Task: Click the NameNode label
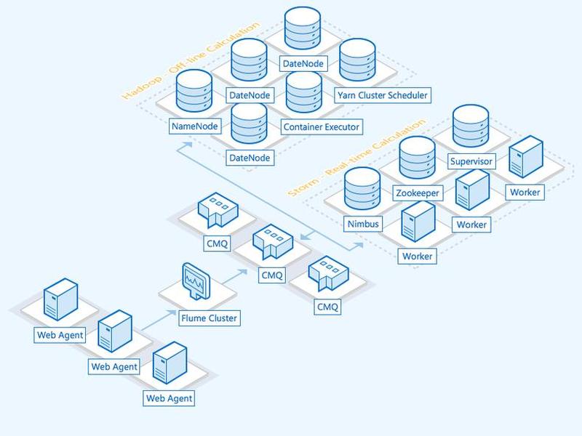[x=195, y=126]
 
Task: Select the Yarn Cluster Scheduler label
[x=383, y=95]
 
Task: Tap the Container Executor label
[x=322, y=126]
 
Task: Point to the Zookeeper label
[x=418, y=193]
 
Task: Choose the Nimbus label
[x=363, y=224]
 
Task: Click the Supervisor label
[x=471, y=161]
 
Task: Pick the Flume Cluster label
[x=210, y=318]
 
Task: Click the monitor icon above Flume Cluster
[x=196, y=281]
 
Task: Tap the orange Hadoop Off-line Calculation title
[x=191, y=60]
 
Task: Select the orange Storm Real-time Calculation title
[x=356, y=157]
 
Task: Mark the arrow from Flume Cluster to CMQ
[x=235, y=277]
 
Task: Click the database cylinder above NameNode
[x=194, y=91]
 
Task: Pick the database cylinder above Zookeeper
[x=417, y=158]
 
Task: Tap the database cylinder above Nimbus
[x=362, y=189]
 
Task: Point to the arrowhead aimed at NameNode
[x=188, y=145]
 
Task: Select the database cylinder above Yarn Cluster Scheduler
[x=357, y=60]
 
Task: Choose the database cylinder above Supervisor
[x=471, y=126]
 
